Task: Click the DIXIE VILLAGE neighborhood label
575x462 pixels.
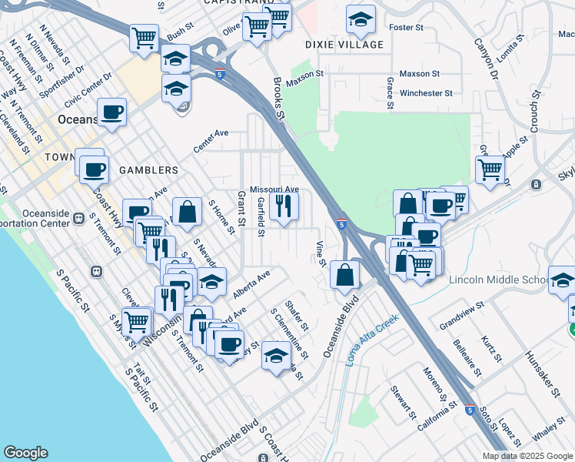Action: [344, 45]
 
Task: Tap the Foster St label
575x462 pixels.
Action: [407, 28]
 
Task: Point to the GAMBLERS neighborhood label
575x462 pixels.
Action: [148, 169]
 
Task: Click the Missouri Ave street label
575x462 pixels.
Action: [274, 189]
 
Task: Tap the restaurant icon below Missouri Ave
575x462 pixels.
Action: [284, 206]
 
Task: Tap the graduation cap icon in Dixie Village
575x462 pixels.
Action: [361, 21]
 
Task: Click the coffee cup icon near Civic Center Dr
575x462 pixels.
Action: [112, 112]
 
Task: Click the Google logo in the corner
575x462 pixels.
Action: [25, 453]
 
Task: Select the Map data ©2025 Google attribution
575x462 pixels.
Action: [527, 456]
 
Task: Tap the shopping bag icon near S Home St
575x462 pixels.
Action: [187, 211]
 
